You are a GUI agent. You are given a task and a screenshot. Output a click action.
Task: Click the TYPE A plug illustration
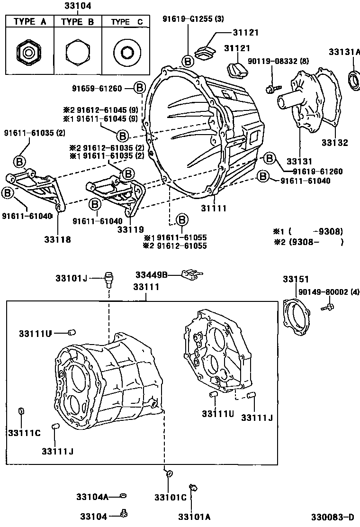pos(29,51)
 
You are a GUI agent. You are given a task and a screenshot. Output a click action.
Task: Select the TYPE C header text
pos(126,22)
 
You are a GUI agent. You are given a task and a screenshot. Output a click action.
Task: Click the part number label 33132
pos(334,143)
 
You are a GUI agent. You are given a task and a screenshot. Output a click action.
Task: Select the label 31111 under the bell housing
pos(214,208)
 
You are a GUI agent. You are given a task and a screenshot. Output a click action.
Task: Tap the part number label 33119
pos(130,230)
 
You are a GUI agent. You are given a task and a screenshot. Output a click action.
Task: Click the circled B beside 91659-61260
pos(140,88)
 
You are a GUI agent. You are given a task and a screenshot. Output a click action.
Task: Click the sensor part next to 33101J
pos(109,279)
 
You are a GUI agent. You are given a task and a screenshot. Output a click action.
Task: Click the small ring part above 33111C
pos(21,410)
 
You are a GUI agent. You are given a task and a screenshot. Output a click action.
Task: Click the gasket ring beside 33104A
pos(123,496)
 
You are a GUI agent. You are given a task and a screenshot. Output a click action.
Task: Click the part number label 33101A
pos(194,516)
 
